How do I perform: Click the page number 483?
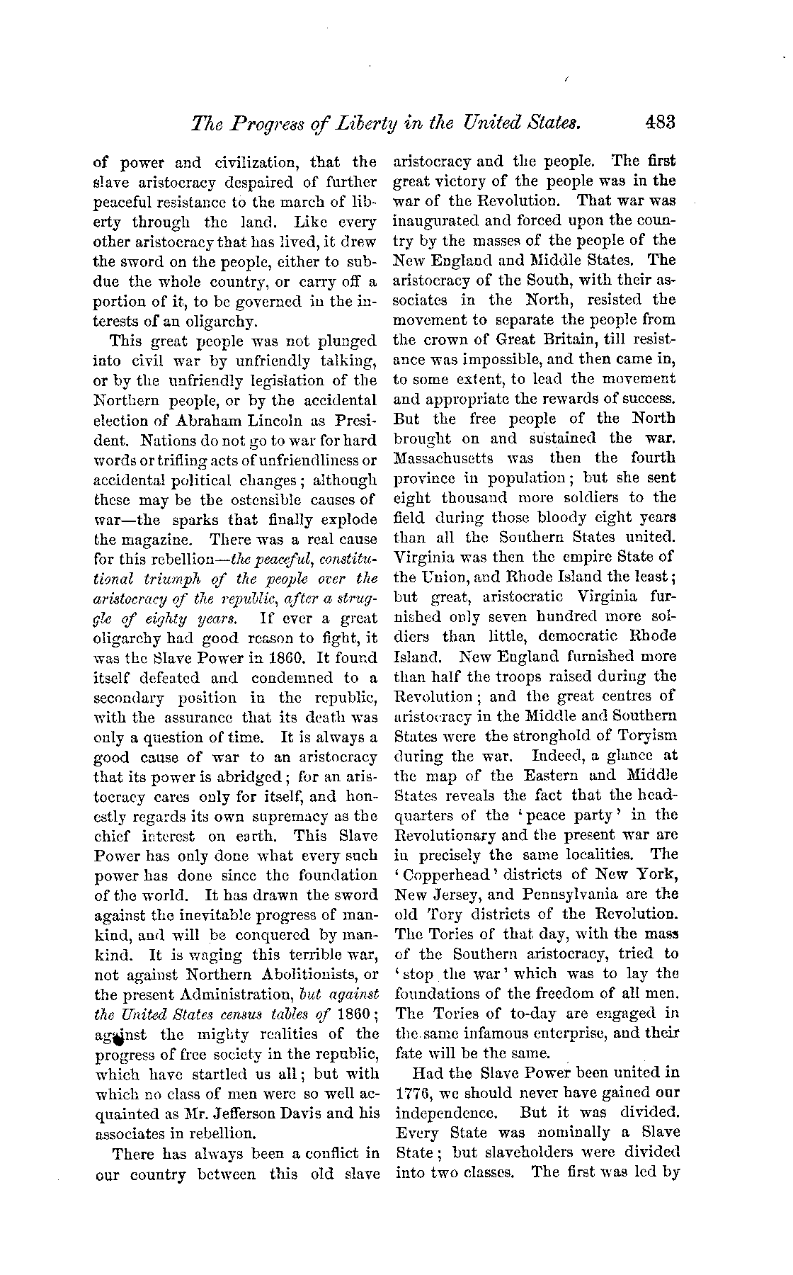click(661, 123)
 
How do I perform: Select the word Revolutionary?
click(454, 835)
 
